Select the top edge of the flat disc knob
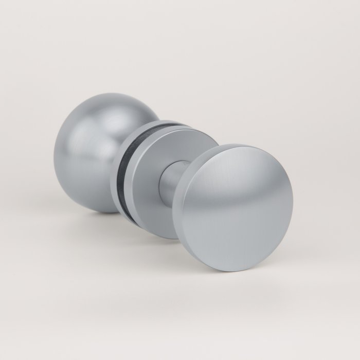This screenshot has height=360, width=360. [231, 145]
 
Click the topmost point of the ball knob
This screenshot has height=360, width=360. [103, 93]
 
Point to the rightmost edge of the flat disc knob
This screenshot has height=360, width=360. [293, 206]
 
